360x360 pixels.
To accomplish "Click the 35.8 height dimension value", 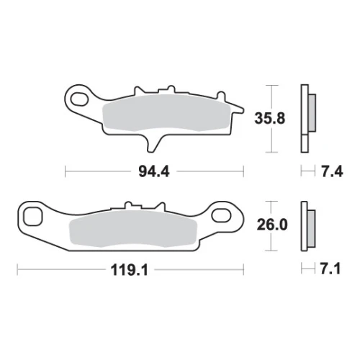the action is coord(270,118).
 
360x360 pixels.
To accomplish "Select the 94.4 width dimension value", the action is coord(154,171).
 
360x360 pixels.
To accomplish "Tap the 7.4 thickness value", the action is coord(332,172).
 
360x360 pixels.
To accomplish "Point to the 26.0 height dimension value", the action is coord(272,225).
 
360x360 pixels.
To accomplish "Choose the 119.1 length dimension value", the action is coord(129,270).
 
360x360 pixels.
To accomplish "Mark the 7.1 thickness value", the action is coord(330,269).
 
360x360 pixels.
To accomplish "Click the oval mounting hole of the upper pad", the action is coord(80,99).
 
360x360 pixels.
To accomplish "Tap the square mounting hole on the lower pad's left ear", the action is coord(33,217).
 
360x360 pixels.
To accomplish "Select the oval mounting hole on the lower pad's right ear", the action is coord(221,215).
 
